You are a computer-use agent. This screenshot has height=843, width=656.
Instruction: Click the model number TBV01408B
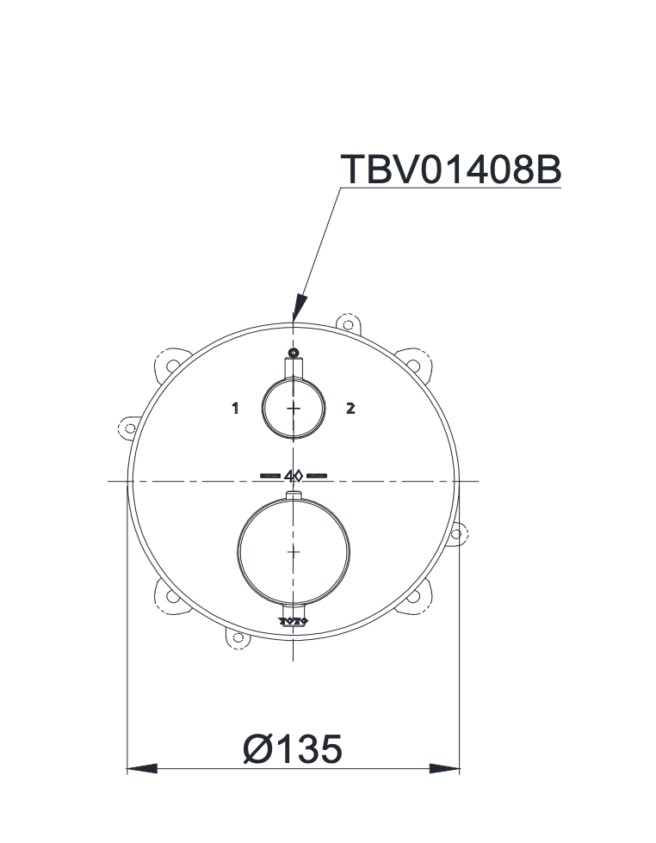click(x=450, y=169)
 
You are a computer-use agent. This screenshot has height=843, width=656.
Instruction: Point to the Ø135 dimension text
click(x=293, y=748)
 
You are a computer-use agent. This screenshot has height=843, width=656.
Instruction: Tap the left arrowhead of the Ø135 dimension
click(x=143, y=767)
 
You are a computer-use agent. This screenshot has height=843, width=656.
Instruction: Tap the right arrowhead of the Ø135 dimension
click(x=445, y=767)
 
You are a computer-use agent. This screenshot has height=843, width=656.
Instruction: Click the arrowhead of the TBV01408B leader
click(x=299, y=308)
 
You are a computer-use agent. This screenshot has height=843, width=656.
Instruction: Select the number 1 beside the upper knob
click(x=235, y=409)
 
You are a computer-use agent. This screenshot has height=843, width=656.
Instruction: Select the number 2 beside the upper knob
click(x=350, y=409)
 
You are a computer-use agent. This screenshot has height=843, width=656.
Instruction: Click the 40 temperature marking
click(x=294, y=474)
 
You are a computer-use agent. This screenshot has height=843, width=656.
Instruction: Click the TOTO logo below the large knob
click(x=294, y=619)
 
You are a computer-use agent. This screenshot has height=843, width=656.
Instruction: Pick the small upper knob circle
click(x=294, y=408)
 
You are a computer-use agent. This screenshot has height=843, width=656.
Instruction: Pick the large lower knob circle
click(x=294, y=550)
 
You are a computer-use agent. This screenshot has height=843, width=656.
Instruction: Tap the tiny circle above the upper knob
click(x=294, y=354)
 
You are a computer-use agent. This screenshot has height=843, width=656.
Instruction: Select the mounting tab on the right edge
click(x=458, y=532)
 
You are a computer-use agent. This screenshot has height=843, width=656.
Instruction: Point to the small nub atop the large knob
click(x=294, y=495)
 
